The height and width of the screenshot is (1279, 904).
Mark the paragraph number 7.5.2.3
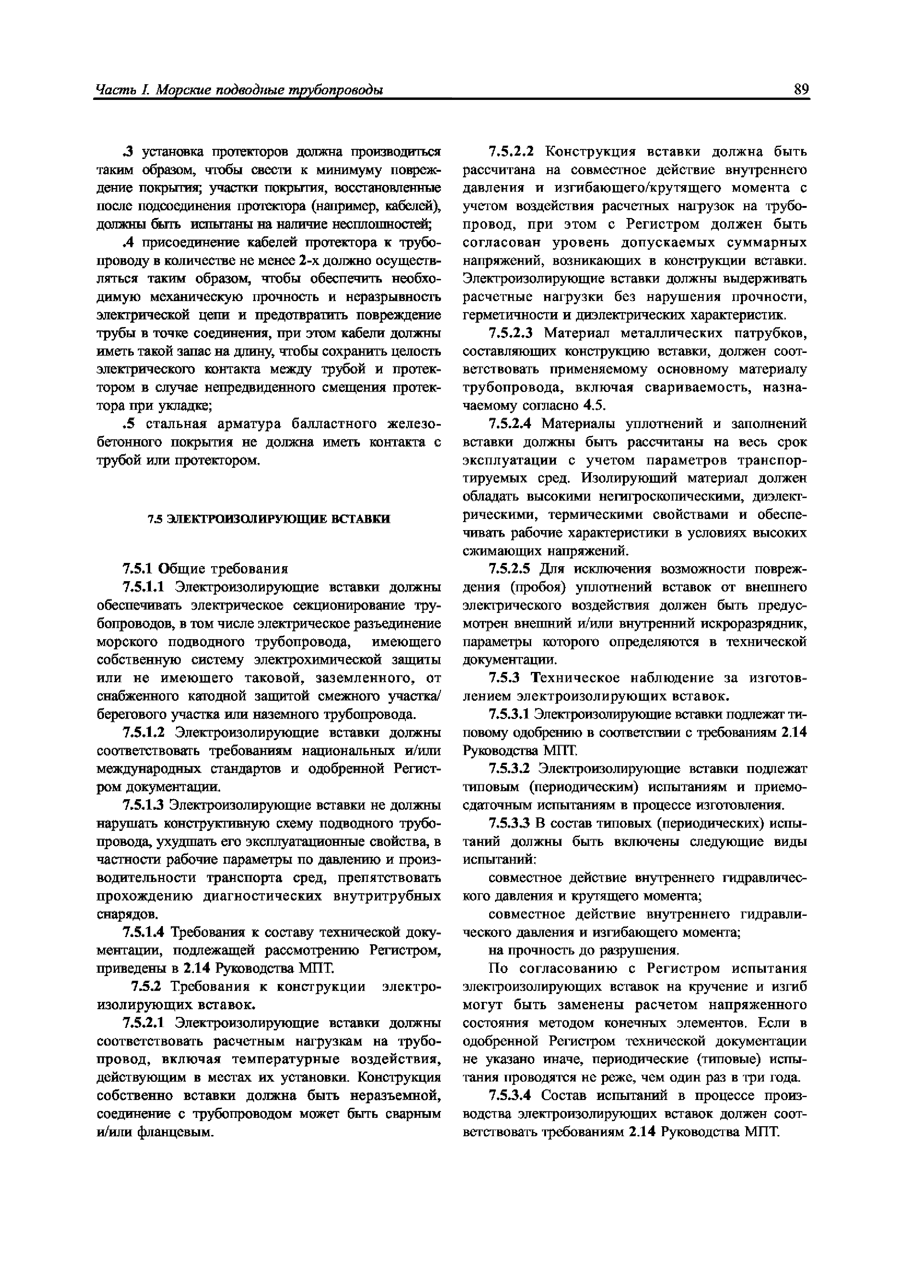[x=511, y=333]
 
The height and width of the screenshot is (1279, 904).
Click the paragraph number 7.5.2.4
[x=511, y=424]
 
